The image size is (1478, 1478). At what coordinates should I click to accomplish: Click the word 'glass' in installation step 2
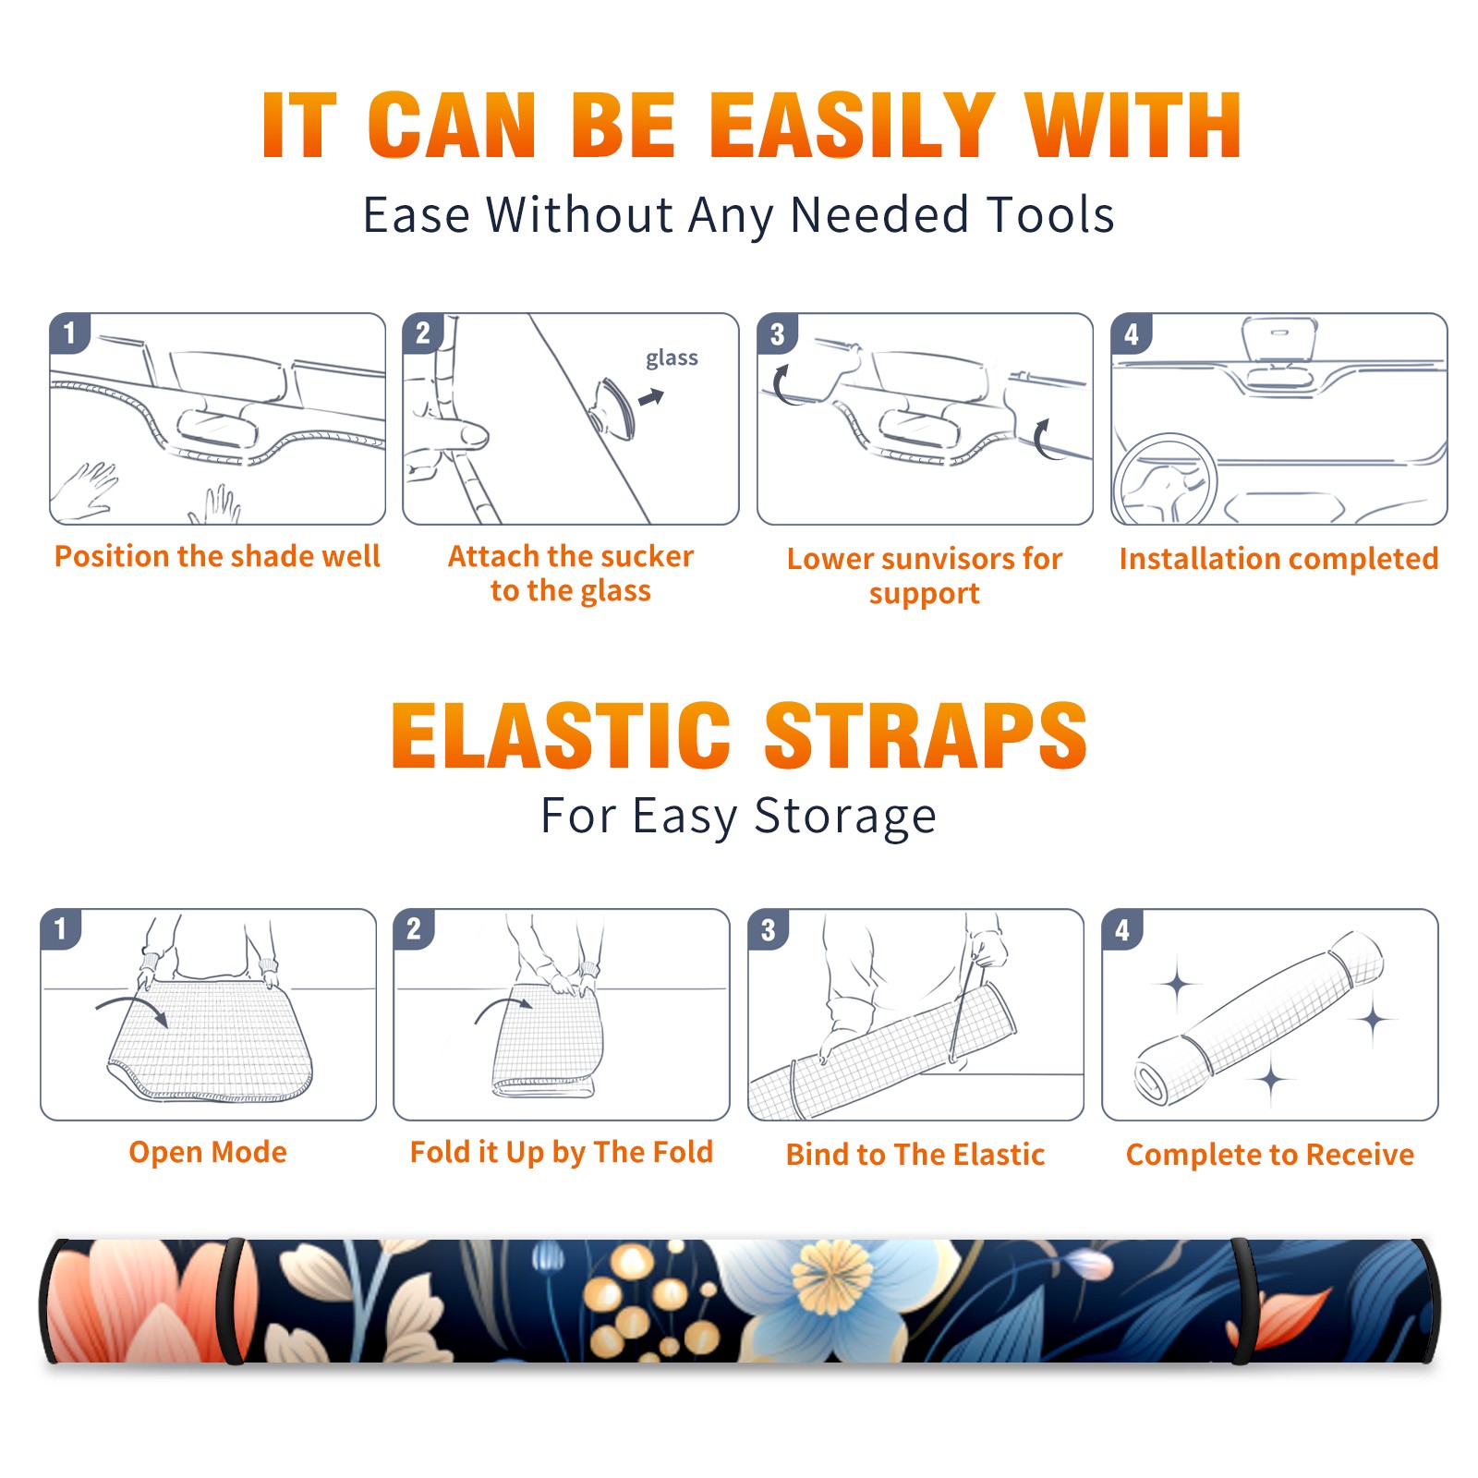coord(672,358)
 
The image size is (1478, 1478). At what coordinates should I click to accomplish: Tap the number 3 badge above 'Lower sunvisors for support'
coord(777,334)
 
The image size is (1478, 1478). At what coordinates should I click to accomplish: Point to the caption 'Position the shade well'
coord(217,556)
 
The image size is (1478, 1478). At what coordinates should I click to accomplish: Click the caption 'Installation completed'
coord(1278,558)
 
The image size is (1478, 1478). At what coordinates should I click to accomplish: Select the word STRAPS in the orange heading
coord(926,735)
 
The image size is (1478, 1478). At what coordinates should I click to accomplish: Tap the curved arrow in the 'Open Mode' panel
coord(133,1009)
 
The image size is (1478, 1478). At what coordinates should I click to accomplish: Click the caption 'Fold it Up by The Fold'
coord(562,1152)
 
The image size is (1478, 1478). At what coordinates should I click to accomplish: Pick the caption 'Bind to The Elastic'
coord(915,1154)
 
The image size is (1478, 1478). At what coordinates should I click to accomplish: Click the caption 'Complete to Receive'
coord(1270,1154)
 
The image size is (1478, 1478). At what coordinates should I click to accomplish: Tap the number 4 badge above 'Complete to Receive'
coord(1122,929)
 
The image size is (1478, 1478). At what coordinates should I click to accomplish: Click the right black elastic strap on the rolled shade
coord(1241,1302)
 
